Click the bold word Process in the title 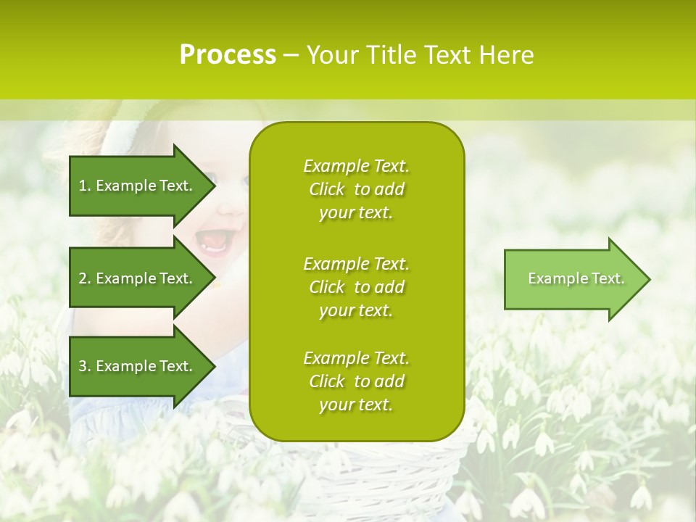coord(228,55)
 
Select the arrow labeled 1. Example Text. coord(138,186)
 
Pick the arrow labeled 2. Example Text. coord(138,278)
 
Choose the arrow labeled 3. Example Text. coord(138,366)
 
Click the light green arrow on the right coord(573,279)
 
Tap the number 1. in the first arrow coord(85,186)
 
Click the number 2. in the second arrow coord(85,278)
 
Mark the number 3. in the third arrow coord(85,366)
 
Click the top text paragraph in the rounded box coord(356,189)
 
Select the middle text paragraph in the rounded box coord(356,287)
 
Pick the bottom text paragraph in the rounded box coord(356,381)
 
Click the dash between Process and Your coord(291,55)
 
